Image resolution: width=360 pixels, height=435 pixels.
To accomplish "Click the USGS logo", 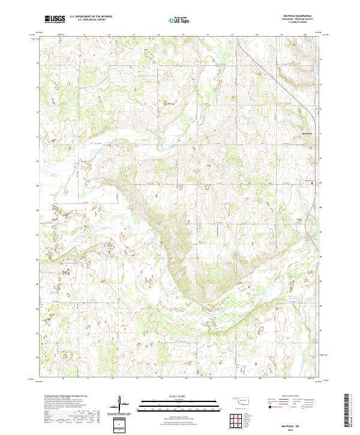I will [55, 19].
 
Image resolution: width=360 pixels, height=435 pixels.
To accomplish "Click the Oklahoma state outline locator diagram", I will [240, 400].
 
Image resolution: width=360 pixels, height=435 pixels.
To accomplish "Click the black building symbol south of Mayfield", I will [311, 184].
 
